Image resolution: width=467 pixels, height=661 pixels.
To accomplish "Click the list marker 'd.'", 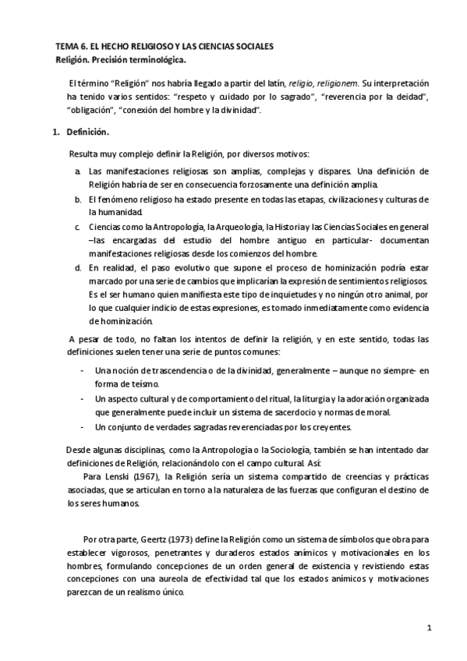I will [79, 267].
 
